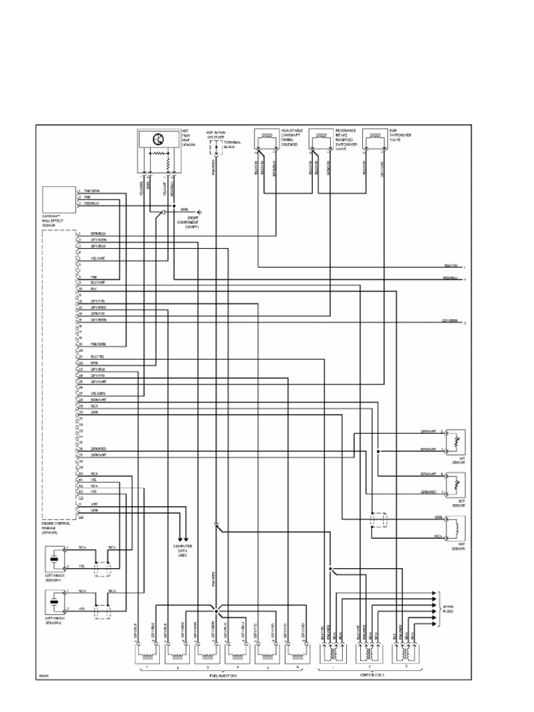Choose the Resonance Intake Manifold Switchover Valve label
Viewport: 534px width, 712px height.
345,140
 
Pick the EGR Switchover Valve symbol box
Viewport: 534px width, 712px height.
375,140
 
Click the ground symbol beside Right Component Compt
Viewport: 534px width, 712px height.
199,211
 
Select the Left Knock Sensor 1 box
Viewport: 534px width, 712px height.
54,558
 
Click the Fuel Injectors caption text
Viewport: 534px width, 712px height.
221,674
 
